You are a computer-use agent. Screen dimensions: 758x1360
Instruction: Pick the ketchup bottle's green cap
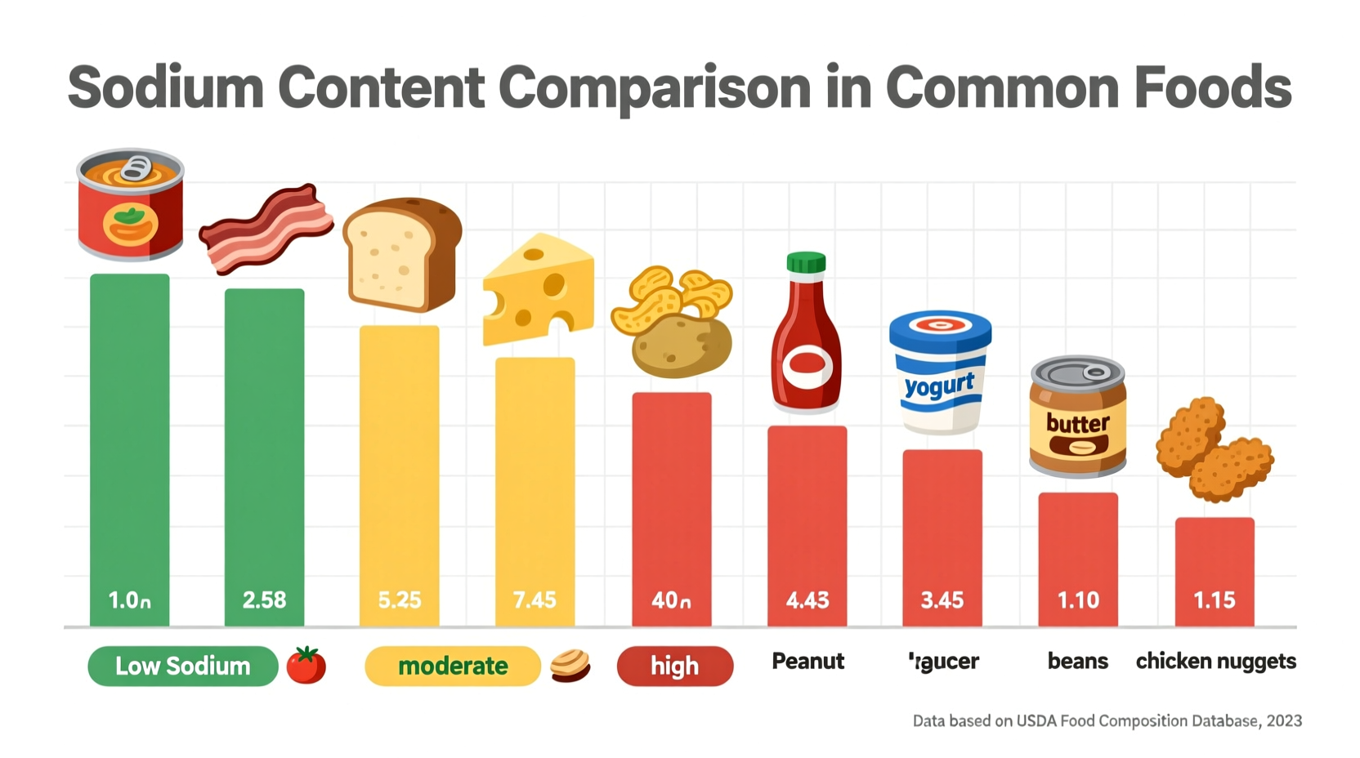806,262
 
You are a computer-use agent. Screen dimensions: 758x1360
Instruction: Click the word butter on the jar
1077,423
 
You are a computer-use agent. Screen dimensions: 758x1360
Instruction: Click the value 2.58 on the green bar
264,600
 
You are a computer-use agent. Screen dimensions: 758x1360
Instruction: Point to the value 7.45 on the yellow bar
535,600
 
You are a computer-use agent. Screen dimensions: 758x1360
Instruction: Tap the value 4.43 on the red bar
807,600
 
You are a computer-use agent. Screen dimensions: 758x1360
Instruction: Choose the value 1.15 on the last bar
1215,600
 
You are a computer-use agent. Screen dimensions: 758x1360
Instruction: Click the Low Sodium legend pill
182,666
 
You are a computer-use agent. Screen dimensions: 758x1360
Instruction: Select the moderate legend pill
452,666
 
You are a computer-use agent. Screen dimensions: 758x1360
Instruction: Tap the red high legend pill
674,666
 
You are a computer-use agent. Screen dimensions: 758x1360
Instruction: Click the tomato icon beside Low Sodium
306,665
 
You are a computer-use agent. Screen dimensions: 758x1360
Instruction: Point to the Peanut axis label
807,661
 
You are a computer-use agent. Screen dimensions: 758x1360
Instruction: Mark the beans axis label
1078,661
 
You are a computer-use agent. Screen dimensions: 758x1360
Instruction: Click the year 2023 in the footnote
1284,720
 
